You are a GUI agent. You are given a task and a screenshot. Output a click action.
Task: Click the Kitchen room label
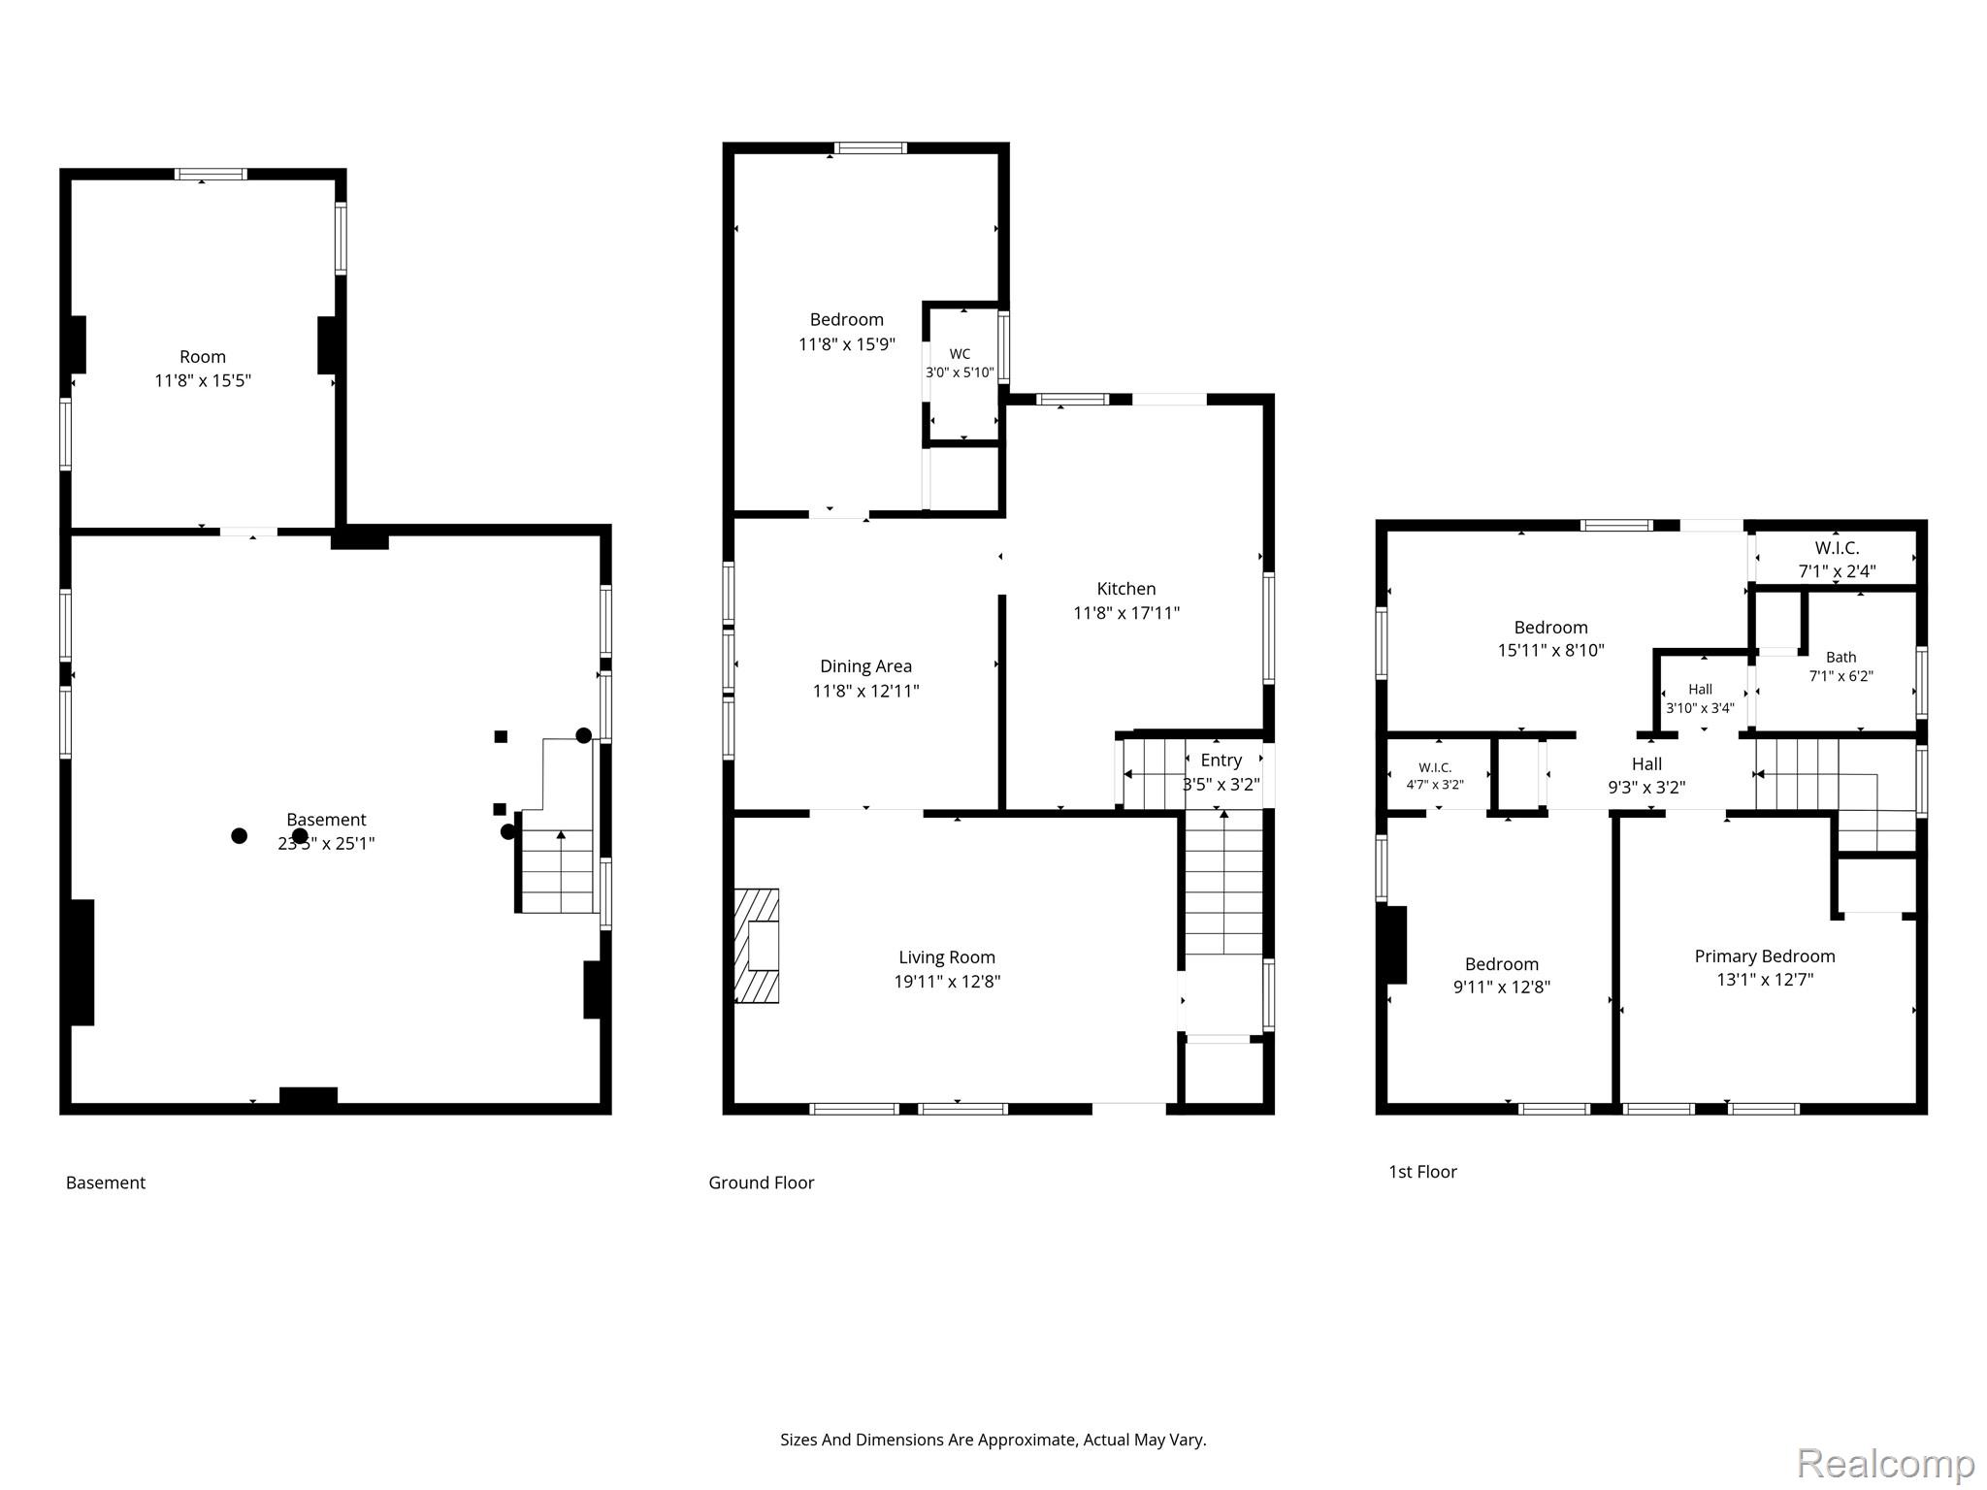(x=1125, y=589)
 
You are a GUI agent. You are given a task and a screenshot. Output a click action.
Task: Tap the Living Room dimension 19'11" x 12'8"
(x=947, y=981)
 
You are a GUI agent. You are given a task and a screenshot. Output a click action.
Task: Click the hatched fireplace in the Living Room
(x=757, y=946)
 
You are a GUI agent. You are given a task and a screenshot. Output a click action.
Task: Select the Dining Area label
(x=865, y=666)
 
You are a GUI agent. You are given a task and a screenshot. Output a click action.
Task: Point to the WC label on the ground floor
(x=960, y=354)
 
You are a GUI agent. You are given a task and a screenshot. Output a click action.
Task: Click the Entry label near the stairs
(x=1221, y=761)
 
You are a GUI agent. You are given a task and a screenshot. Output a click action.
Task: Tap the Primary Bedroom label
(x=1765, y=956)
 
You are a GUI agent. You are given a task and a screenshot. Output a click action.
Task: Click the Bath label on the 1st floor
(x=1840, y=657)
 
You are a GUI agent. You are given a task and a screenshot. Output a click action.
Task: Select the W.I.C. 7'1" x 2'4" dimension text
(x=1837, y=571)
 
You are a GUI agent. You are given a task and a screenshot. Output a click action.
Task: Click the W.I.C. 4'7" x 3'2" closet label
(x=1435, y=776)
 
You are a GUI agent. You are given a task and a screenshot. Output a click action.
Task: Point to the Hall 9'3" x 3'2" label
(x=1646, y=775)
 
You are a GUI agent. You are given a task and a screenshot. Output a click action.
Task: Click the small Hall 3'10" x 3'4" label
(x=1700, y=698)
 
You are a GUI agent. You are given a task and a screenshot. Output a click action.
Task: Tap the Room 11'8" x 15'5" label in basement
(x=203, y=369)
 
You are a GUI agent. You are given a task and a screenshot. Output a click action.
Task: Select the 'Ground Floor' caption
(x=762, y=1182)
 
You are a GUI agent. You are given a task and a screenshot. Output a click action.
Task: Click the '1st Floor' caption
(x=1422, y=1172)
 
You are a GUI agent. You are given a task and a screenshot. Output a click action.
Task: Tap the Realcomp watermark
(x=1885, y=1462)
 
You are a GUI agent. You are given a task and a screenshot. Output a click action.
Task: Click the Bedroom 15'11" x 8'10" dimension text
(x=1550, y=650)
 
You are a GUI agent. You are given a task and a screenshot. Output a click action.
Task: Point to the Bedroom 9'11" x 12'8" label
(x=1502, y=975)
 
